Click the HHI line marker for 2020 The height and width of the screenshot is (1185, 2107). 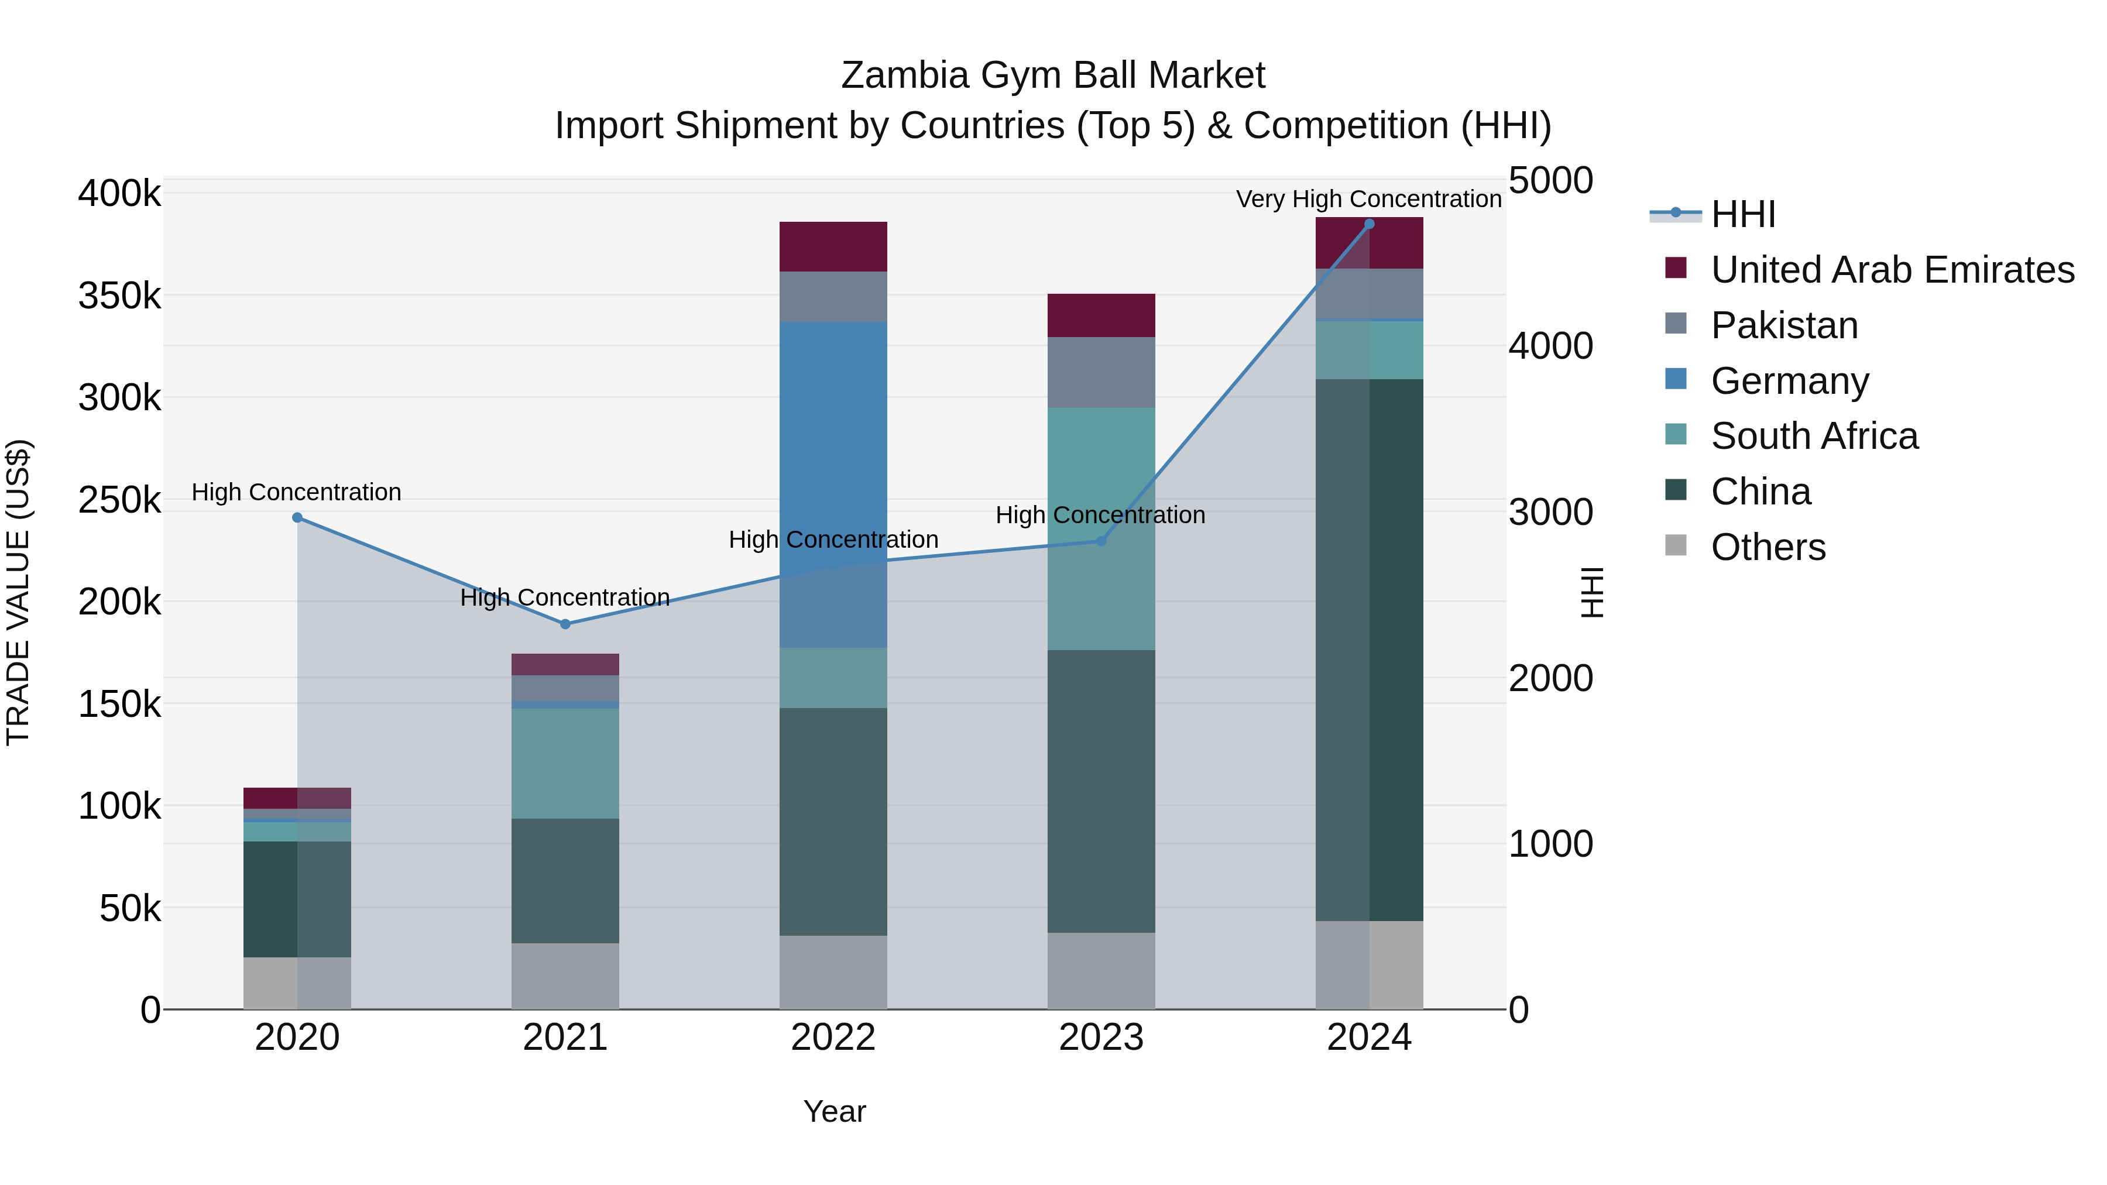297,518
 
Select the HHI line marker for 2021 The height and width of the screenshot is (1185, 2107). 565,624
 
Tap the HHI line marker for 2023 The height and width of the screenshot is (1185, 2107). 1101,541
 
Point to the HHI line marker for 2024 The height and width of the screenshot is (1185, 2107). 1369,224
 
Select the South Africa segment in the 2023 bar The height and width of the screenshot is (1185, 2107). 1101,528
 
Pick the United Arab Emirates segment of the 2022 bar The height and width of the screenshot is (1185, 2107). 833,246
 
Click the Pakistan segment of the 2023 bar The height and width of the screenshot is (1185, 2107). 1101,372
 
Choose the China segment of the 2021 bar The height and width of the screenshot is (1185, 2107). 565,881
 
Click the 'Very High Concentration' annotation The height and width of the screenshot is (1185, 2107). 1368,199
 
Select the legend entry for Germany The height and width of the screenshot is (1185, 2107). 1790,381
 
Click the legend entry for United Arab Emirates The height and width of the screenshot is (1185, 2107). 1892,270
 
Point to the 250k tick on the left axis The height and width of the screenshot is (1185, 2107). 119,500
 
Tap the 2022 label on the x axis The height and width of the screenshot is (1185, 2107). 833,1038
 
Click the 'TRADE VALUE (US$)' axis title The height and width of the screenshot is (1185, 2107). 18,592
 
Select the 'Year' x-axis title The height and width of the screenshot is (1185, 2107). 834,1111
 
